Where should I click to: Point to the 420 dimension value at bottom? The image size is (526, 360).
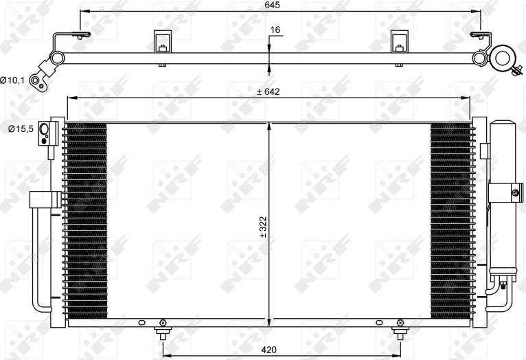[269, 350]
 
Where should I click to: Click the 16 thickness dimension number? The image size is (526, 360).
[275, 30]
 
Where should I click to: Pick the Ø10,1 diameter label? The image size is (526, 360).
[13, 81]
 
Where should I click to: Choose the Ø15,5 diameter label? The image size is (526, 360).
[19, 128]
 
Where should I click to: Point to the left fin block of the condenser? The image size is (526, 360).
[85, 220]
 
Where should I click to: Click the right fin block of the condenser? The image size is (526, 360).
[450, 220]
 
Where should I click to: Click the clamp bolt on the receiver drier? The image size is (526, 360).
[515, 193]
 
